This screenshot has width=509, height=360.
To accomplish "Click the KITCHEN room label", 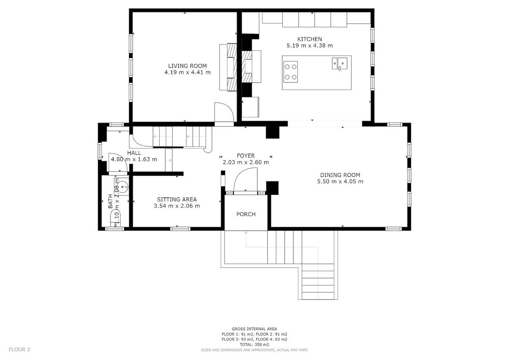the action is [x=309, y=39].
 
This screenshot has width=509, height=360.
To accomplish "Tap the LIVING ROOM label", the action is [x=187, y=66].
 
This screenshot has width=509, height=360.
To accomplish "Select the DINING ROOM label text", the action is [x=340, y=175].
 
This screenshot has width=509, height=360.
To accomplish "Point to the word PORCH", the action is [x=246, y=214].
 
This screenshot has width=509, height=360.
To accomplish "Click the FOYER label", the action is [x=246, y=156].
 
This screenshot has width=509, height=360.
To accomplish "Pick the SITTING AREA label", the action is [x=177, y=199].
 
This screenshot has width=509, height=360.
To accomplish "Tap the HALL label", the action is [x=134, y=153].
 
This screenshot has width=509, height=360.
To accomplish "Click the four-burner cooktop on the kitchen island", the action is [x=291, y=72].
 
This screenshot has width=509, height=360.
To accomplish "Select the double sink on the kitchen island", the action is [x=340, y=64].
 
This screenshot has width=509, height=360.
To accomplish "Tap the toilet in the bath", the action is [x=115, y=218].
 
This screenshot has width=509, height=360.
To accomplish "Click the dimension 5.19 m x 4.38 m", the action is [x=309, y=45].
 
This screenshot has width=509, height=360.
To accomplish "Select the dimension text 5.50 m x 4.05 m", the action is [x=340, y=181].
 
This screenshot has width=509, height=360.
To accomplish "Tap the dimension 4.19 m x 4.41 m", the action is [x=187, y=72].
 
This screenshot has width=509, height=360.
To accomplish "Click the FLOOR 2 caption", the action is [x=19, y=350].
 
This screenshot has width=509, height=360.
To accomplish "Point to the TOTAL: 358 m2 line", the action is [x=254, y=344].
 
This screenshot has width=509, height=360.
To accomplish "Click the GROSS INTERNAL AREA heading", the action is [x=254, y=329].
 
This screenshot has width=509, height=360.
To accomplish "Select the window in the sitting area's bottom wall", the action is [x=180, y=229].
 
